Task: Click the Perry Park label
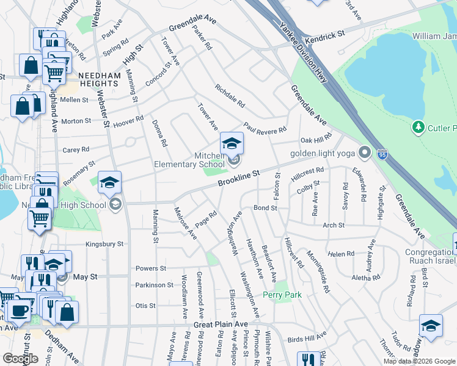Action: pyautogui.click(x=279, y=295)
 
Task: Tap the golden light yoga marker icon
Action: pyautogui.click(x=365, y=152)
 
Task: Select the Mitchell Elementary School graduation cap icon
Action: pyautogui.click(x=232, y=143)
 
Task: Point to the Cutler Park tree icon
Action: pyautogui.click(x=419, y=127)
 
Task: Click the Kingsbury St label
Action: pyautogui.click(x=104, y=244)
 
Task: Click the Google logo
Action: pyautogui.click(x=20, y=358)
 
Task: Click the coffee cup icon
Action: pyautogui.click(x=17, y=310)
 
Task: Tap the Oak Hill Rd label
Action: pyautogui.click(x=315, y=140)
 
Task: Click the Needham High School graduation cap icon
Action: pyautogui.click(x=109, y=182)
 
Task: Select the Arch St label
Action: pyautogui.click(x=334, y=225)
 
